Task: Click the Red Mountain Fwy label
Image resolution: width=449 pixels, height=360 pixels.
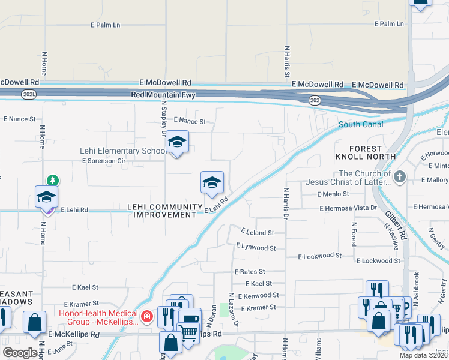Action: [x=164, y=95]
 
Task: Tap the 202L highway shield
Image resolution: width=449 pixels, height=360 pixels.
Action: [x=28, y=94]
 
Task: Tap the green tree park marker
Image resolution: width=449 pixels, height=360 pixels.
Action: [x=53, y=179]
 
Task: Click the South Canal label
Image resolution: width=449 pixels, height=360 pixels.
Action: [x=360, y=125]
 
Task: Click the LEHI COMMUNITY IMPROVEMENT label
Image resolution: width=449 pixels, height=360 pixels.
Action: [x=165, y=211]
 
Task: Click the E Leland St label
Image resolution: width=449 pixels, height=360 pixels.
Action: [x=258, y=232]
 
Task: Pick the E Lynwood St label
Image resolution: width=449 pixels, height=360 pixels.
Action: [x=256, y=247]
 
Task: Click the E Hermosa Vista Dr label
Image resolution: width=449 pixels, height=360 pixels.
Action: [x=348, y=208]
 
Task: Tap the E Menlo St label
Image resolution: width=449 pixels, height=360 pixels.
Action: [x=333, y=194]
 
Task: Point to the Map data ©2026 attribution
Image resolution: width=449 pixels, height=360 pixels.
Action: [x=423, y=355]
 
